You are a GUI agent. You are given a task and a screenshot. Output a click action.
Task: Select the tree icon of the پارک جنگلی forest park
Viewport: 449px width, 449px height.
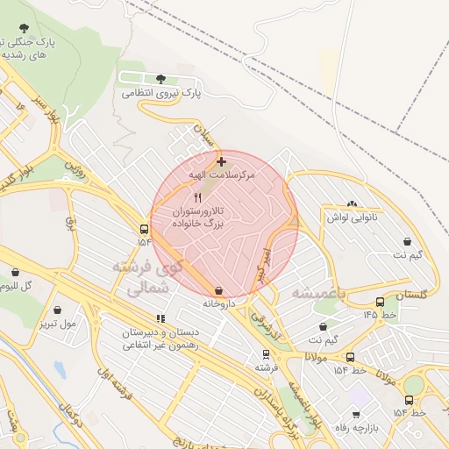click(x=21, y=28)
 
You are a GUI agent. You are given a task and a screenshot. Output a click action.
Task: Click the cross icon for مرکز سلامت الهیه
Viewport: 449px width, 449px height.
click(x=220, y=161)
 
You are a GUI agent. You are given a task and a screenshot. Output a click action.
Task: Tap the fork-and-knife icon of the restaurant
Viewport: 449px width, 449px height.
click(x=196, y=198)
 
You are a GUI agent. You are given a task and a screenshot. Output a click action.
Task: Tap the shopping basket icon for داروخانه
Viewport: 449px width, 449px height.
click(x=217, y=290)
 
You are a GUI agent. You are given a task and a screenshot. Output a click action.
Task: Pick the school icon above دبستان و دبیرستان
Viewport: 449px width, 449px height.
click(x=160, y=319)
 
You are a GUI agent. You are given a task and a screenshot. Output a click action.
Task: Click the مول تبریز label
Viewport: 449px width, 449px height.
click(x=57, y=324)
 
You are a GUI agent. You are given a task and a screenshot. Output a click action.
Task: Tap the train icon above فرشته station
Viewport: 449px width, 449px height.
click(x=266, y=354)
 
